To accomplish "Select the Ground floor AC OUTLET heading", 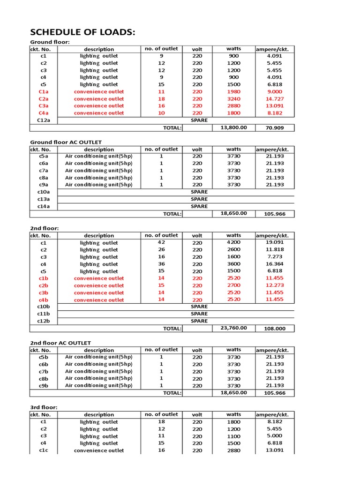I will (x=66, y=142).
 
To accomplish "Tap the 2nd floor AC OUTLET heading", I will (x=60, y=343).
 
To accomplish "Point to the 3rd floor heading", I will (x=44, y=407).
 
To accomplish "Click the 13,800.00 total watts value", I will (x=233, y=127).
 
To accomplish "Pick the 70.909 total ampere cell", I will (x=274, y=127).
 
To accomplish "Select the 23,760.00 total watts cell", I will (x=233, y=328).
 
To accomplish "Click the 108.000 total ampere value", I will (x=274, y=329).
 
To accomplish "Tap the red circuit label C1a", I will (x=43, y=92).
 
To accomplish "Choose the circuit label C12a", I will (x=43, y=120).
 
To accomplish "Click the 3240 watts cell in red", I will (x=233, y=99).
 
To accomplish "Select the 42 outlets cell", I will (x=161, y=242).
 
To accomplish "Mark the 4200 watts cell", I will (x=233, y=242).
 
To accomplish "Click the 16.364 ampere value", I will (x=274, y=264).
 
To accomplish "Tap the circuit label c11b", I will (x=43, y=314).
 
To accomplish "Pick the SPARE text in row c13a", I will (x=199, y=199).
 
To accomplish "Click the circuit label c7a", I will (x=43, y=171).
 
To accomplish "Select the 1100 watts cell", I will (x=233, y=436).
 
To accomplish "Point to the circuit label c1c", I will (x=43, y=450).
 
